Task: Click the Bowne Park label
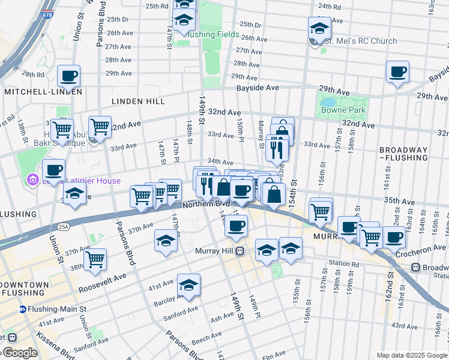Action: pos(339,110)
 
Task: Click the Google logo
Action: pos(20,353)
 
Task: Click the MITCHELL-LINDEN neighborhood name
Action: pos(43,92)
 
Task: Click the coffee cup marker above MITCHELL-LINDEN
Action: pos(70,76)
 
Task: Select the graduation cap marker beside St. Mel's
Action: pos(320,28)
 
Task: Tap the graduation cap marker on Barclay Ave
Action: pos(189,284)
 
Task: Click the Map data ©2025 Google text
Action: pos(412,355)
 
